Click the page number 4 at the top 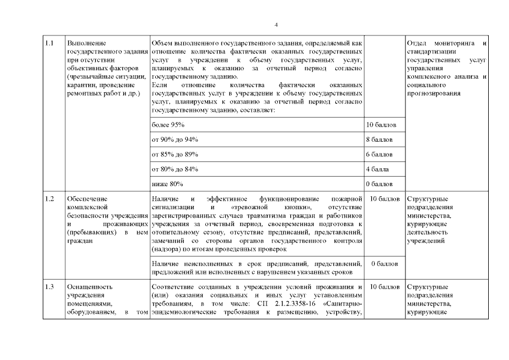coord(276,25)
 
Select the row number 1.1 coord(49,43)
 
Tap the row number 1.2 coord(49,199)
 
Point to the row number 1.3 coord(49,286)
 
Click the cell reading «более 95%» coord(168,124)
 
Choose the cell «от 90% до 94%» coord(175,139)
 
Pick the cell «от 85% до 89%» coord(175,154)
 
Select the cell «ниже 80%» coord(167,184)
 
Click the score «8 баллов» coord(379,139)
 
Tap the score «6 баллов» coord(379,154)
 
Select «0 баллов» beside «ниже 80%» coord(379,184)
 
